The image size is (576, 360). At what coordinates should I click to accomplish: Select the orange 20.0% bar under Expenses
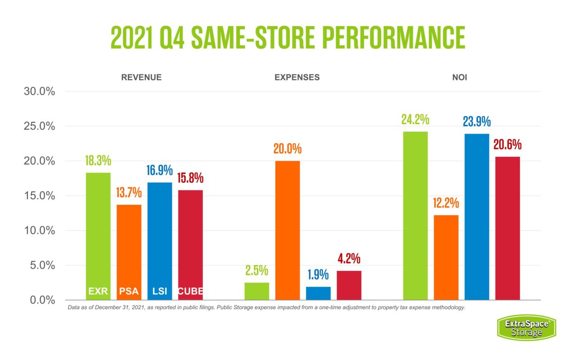(288, 229)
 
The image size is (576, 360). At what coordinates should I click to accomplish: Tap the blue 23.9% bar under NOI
(477, 216)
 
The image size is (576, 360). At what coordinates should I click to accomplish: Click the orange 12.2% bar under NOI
(446, 256)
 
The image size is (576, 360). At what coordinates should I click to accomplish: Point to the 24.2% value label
(415, 120)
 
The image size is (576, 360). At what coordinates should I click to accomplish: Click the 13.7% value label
(129, 193)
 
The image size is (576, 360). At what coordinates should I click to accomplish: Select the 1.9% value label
(318, 275)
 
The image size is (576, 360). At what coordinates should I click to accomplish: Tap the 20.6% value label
(507, 145)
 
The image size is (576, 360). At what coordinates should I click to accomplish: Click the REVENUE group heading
(141, 77)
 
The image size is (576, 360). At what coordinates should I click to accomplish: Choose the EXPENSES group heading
(297, 77)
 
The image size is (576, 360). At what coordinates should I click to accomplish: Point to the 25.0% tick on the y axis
(39, 126)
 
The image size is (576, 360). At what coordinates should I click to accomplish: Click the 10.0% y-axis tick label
(39, 231)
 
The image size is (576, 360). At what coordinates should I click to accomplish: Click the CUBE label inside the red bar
(190, 292)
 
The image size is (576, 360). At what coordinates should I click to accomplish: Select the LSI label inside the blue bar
(159, 292)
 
